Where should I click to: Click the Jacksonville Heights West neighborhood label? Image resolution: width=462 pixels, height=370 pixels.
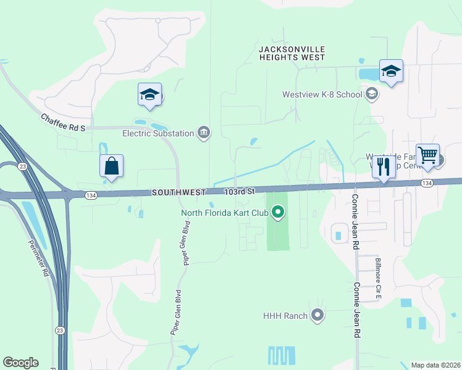[292, 53]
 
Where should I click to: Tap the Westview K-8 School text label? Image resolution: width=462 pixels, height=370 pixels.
[321, 95]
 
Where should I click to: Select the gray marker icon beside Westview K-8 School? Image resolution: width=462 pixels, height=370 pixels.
[371, 94]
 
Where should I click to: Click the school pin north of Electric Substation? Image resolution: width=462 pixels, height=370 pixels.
[149, 95]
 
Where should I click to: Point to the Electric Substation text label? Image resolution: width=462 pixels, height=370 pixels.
[157, 133]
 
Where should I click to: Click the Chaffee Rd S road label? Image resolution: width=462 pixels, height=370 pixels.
[63, 121]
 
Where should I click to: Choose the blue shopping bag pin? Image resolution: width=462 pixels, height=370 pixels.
[111, 166]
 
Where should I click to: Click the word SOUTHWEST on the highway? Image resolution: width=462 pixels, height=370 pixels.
[178, 192]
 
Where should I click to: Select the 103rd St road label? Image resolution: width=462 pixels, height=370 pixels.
[240, 192]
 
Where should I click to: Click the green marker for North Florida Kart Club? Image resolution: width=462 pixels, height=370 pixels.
[278, 213]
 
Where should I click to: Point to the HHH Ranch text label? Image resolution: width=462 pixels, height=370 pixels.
[285, 316]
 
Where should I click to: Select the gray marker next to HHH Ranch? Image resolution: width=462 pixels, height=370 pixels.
[317, 316]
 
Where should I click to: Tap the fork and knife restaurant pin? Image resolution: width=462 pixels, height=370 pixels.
[384, 166]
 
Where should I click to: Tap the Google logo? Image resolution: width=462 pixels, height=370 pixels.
[21, 363]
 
